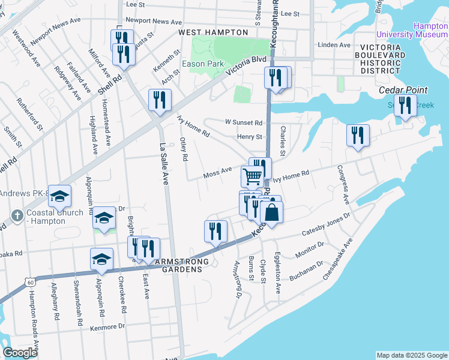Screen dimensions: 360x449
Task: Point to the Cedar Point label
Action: tap(403, 90)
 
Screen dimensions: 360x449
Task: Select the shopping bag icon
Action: tap(271, 213)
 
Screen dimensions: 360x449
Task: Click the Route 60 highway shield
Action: tap(31, 280)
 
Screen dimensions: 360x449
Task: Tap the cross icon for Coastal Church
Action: tap(18, 215)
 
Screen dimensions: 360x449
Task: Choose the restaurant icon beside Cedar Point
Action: tap(407, 106)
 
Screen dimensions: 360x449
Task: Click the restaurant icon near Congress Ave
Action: tap(358, 135)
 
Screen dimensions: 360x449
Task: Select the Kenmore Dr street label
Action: tap(109, 326)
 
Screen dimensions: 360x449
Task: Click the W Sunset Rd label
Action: tap(244, 122)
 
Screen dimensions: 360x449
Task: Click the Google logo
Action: tap(20, 352)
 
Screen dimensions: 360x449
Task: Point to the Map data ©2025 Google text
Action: tap(411, 355)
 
